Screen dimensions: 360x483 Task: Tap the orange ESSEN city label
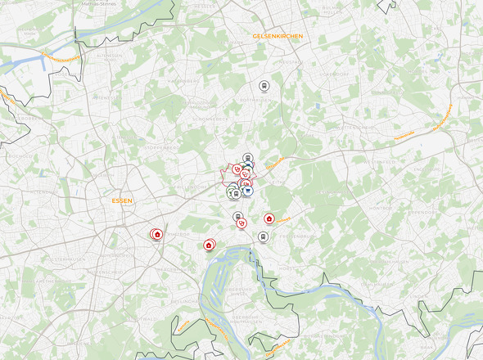(x=122, y=200)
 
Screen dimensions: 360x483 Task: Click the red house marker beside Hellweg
(x=269, y=218)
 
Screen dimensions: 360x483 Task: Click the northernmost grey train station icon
(x=264, y=85)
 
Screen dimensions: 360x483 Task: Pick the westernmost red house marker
(x=157, y=235)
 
